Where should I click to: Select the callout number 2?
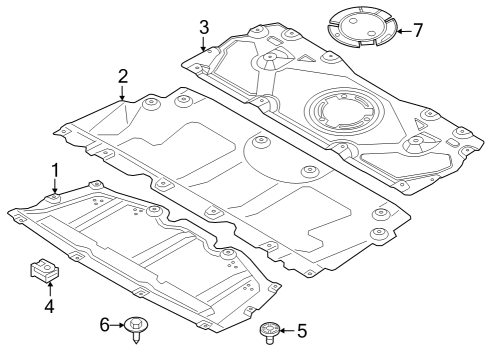pyautogui.click(x=122, y=76)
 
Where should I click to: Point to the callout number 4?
pyautogui.click(x=48, y=306)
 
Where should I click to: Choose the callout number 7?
pyautogui.click(x=418, y=29)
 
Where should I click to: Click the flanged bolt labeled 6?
pyautogui.click(x=135, y=328)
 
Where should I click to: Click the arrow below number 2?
pyautogui.click(x=122, y=95)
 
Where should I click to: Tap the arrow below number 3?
pyautogui.click(x=203, y=43)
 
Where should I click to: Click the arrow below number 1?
pyautogui.click(x=56, y=186)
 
